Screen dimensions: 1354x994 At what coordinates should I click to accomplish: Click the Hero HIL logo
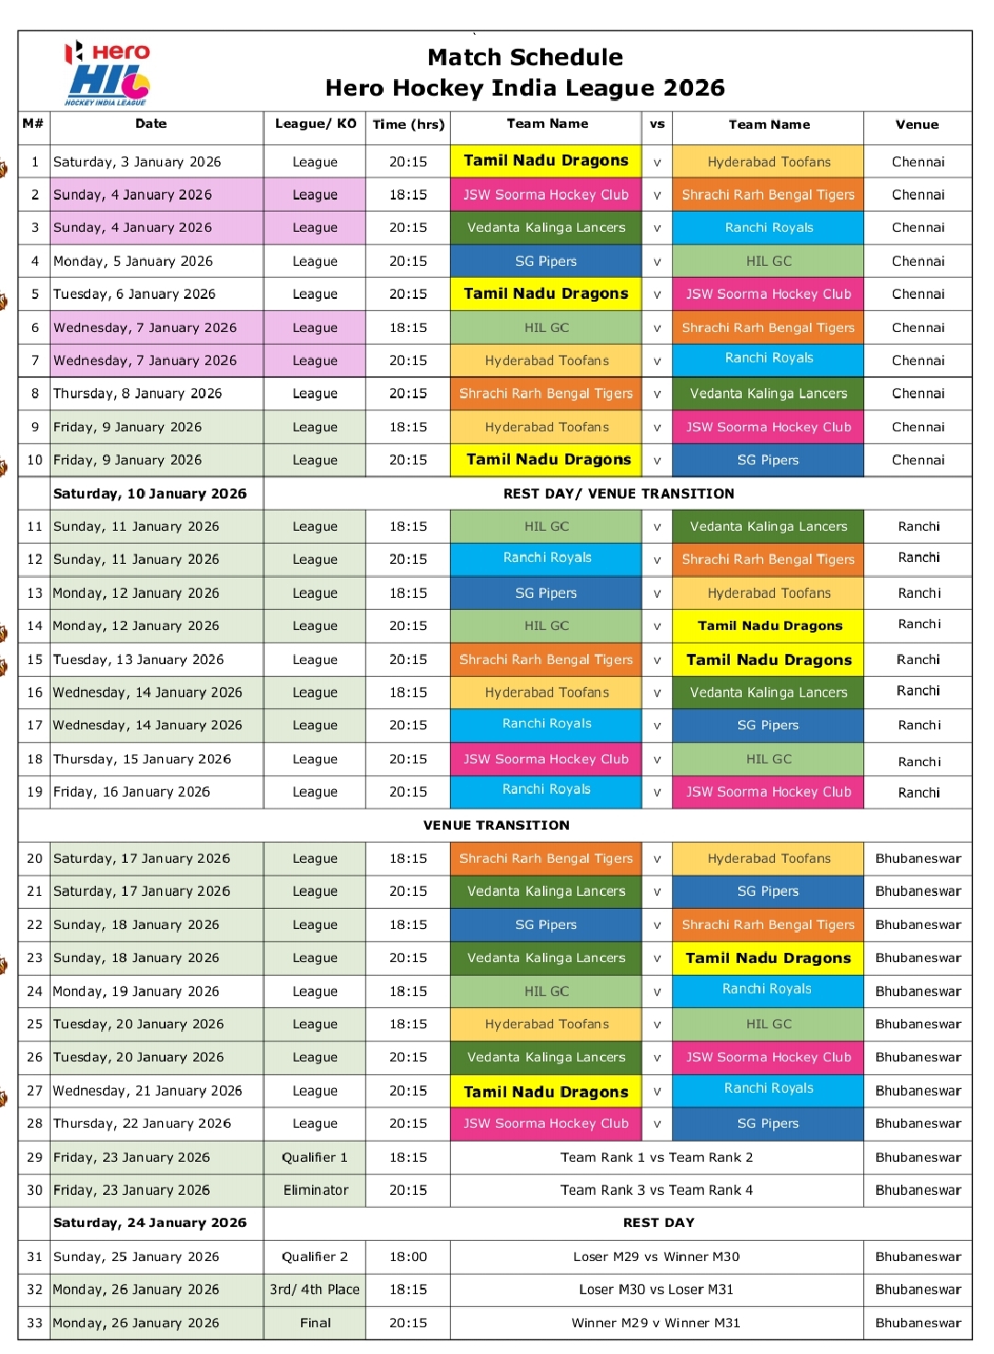(108, 74)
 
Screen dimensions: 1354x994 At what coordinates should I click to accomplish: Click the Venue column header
(917, 124)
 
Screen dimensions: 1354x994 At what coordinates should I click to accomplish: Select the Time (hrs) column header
(408, 124)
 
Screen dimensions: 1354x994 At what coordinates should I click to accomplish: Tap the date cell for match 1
(137, 162)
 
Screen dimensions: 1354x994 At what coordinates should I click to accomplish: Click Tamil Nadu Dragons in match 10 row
(548, 459)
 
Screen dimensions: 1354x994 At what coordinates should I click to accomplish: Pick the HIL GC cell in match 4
(769, 261)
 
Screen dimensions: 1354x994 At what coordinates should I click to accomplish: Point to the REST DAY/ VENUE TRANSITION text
(618, 494)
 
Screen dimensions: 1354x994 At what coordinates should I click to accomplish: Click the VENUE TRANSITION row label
(496, 825)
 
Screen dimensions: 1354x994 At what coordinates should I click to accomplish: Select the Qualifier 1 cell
(315, 1157)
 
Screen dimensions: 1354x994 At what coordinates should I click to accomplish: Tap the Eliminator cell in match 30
(316, 1190)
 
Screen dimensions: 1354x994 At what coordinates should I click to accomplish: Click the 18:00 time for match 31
(408, 1256)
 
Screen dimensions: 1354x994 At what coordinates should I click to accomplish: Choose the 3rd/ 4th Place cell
(315, 1290)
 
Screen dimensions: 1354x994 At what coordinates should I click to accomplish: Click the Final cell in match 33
(315, 1323)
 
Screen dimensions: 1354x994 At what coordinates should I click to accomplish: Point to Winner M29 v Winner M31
(655, 1323)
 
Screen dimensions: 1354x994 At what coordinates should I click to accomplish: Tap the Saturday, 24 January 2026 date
(150, 1222)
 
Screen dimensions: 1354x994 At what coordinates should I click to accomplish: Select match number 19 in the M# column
(35, 792)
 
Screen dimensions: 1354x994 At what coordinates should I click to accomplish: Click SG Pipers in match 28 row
(768, 1123)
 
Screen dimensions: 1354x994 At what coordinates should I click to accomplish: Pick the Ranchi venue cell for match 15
(919, 660)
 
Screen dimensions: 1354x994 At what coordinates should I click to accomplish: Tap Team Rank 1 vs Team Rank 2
(656, 1157)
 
